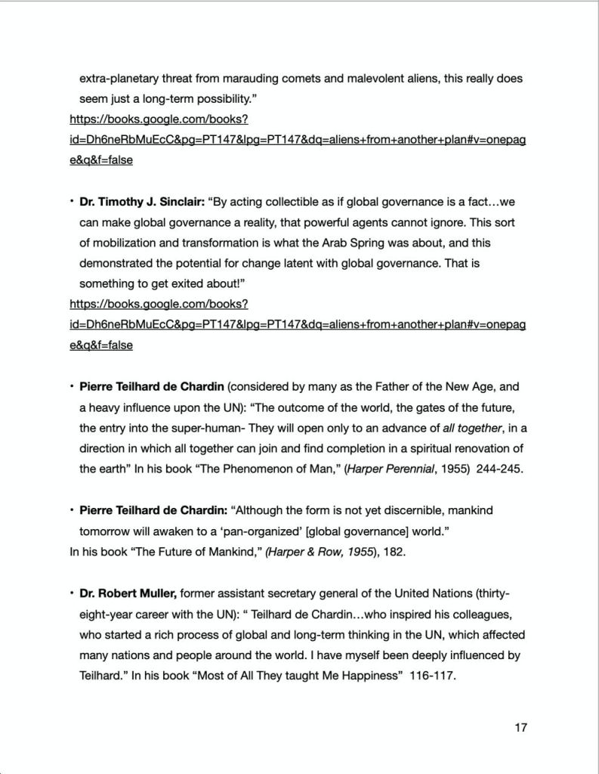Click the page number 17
tap(520, 727)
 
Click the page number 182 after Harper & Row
tap(394, 552)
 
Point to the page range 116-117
tap(432, 676)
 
